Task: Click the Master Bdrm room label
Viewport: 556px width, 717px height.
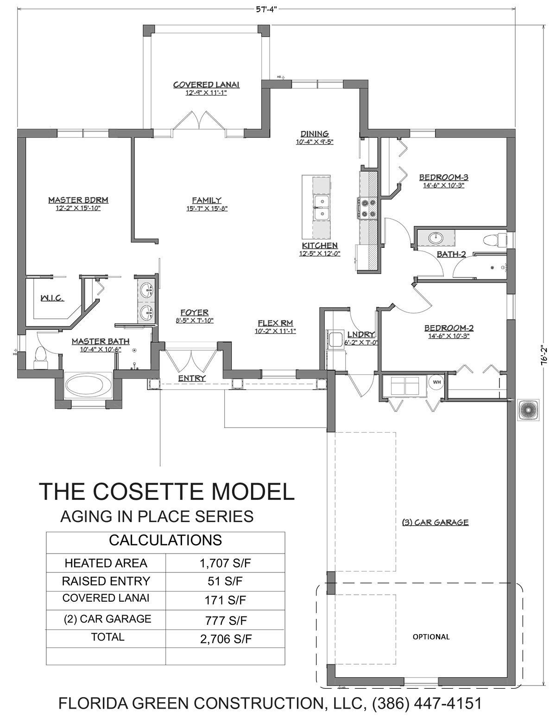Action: point(78,200)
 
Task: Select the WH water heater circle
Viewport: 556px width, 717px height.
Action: point(436,382)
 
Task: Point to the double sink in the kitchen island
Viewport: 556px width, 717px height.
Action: point(321,208)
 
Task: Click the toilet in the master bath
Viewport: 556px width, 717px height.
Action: point(41,358)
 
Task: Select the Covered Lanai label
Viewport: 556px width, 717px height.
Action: point(206,85)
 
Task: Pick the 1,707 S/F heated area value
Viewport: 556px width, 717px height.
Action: point(225,563)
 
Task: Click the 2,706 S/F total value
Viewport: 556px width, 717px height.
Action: point(226,639)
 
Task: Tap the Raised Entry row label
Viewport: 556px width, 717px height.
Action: point(106,581)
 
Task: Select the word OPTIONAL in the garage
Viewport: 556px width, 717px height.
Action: point(431,637)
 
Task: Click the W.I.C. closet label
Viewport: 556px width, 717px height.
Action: point(52,298)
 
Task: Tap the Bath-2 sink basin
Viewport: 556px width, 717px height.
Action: point(436,237)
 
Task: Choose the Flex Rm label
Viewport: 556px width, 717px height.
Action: point(276,323)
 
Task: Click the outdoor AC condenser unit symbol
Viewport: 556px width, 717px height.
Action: point(528,410)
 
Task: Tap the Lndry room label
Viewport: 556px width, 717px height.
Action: point(361,334)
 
